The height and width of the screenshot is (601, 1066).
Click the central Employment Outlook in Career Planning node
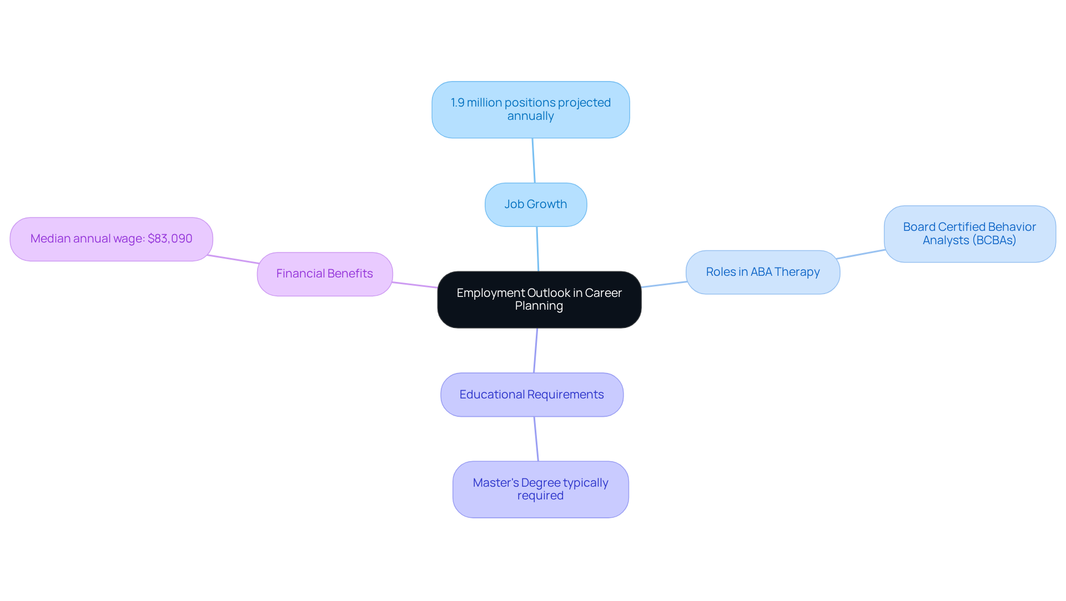click(x=539, y=300)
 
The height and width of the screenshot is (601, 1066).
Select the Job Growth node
click(x=535, y=205)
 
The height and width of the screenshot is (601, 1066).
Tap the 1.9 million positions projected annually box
click(x=530, y=110)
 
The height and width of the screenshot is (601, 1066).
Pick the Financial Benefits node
click(x=325, y=274)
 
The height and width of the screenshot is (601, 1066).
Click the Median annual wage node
click(x=111, y=239)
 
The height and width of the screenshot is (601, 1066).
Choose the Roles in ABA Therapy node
click(x=762, y=272)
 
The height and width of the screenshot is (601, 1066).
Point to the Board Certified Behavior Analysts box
click(x=969, y=234)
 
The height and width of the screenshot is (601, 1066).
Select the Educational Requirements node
click(x=531, y=395)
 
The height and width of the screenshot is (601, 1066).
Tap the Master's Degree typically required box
click(x=540, y=489)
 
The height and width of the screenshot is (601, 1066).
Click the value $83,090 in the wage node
click(x=170, y=239)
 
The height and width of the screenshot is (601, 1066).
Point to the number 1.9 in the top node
click(x=457, y=103)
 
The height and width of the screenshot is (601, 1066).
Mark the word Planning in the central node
click(x=539, y=306)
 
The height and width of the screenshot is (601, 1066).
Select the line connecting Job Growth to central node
click(x=537, y=249)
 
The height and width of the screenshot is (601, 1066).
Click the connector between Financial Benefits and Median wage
click(x=233, y=260)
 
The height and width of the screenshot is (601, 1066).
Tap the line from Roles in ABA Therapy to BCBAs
click(x=861, y=254)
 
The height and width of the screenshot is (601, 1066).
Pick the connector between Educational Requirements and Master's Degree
click(x=536, y=439)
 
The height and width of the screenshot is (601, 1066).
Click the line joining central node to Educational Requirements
click(x=535, y=351)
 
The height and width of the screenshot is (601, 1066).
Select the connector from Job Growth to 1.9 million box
click(x=534, y=160)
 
